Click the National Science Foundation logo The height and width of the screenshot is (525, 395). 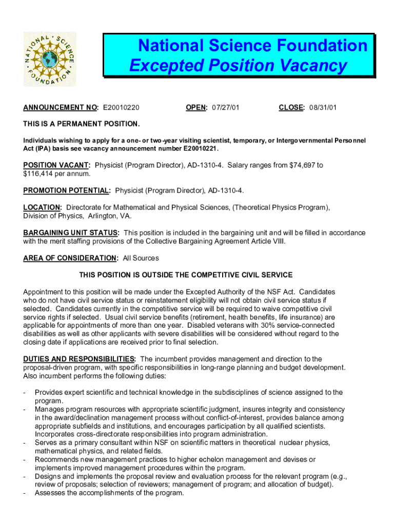tap(50, 59)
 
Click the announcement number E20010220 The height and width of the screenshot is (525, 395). tap(122, 108)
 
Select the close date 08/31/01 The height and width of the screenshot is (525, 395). tap(323, 108)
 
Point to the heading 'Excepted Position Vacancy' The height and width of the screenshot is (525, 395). tap(238, 66)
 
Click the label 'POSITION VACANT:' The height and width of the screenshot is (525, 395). tap(57, 165)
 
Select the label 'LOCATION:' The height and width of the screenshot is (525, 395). tap(43, 207)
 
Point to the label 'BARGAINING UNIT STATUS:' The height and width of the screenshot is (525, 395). tap(71, 233)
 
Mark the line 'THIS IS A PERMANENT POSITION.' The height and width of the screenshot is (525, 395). tap(81, 124)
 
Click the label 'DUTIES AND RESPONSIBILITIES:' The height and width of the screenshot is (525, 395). tap(80, 359)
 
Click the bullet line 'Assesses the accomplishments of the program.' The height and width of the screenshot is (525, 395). tap(109, 493)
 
